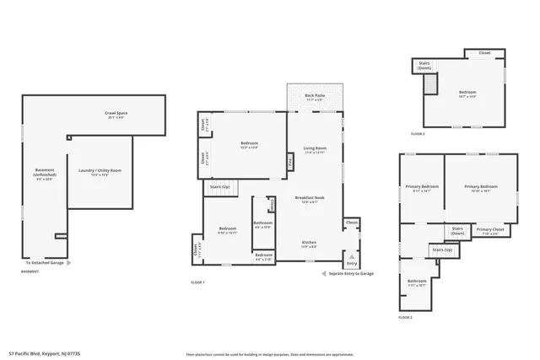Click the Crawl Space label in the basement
(116, 113)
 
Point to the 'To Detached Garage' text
(46, 263)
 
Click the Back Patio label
(315, 96)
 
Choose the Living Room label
(316, 148)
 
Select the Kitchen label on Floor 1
(310, 243)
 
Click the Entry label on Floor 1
(351, 264)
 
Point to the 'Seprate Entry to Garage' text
(350, 274)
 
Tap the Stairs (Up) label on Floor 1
(221, 185)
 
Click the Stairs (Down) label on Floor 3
(424, 64)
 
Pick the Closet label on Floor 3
(484, 53)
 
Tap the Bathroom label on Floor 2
(417, 281)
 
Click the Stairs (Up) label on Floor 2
(442, 250)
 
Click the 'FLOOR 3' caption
(418, 134)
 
